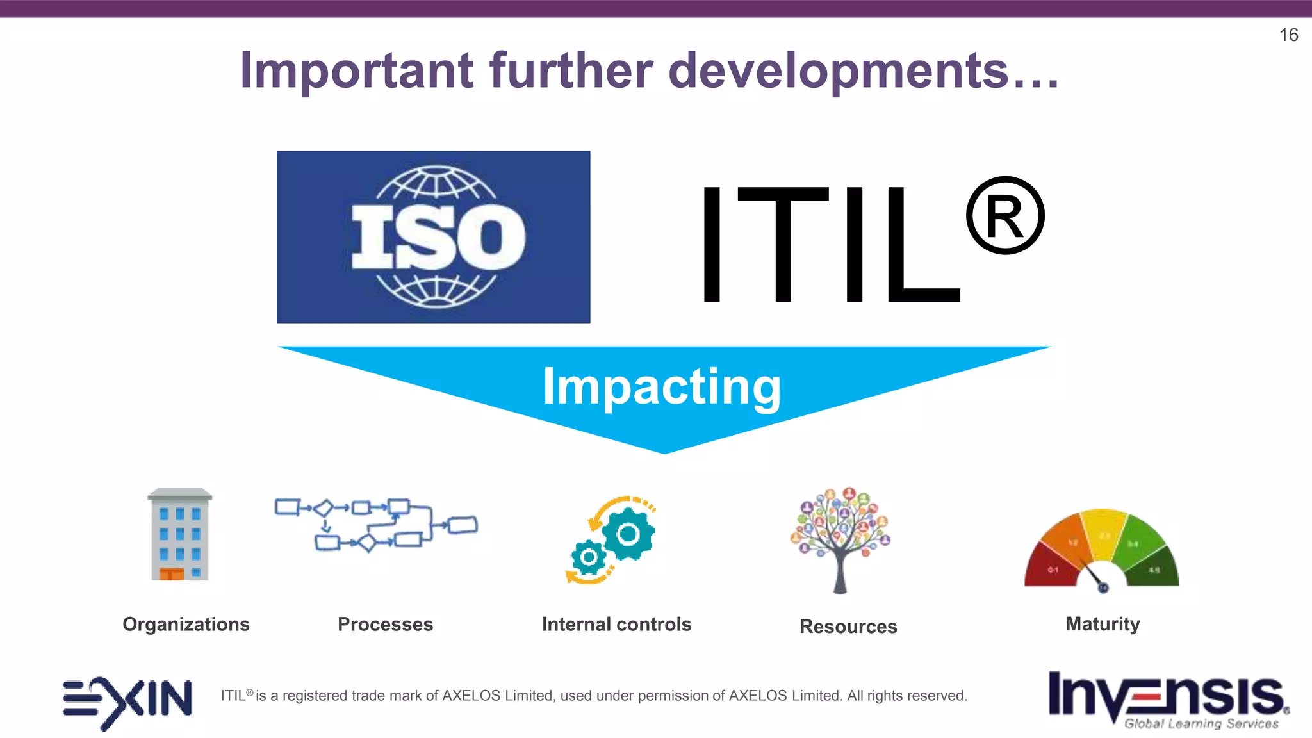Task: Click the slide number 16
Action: pyautogui.click(x=1288, y=35)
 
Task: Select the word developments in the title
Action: pyautogui.click(x=839, y=71)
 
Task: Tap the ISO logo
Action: pyautogui.click(x=433, y=237)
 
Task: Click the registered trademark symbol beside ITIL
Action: pyautogui.click(x=1004, y=216)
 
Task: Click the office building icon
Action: pyautogui.click(x=180, y=534)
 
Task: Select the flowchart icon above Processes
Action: pyautogui.click(x=376, y=525)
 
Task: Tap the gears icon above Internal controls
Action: pyautogui.click(x=612, y=540)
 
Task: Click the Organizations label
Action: pyautogui.click(x=186, y=624)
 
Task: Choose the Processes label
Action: pyautogui.click(x=385, y=624)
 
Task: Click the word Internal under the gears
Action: pyautogui.click(x=576, y=624)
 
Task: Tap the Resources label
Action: pyautogui.click(x=848, y=627)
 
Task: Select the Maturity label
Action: pyautogui.click(x=1103, y=624)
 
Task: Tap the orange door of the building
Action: pyautogui.click(x=172, y=573)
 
